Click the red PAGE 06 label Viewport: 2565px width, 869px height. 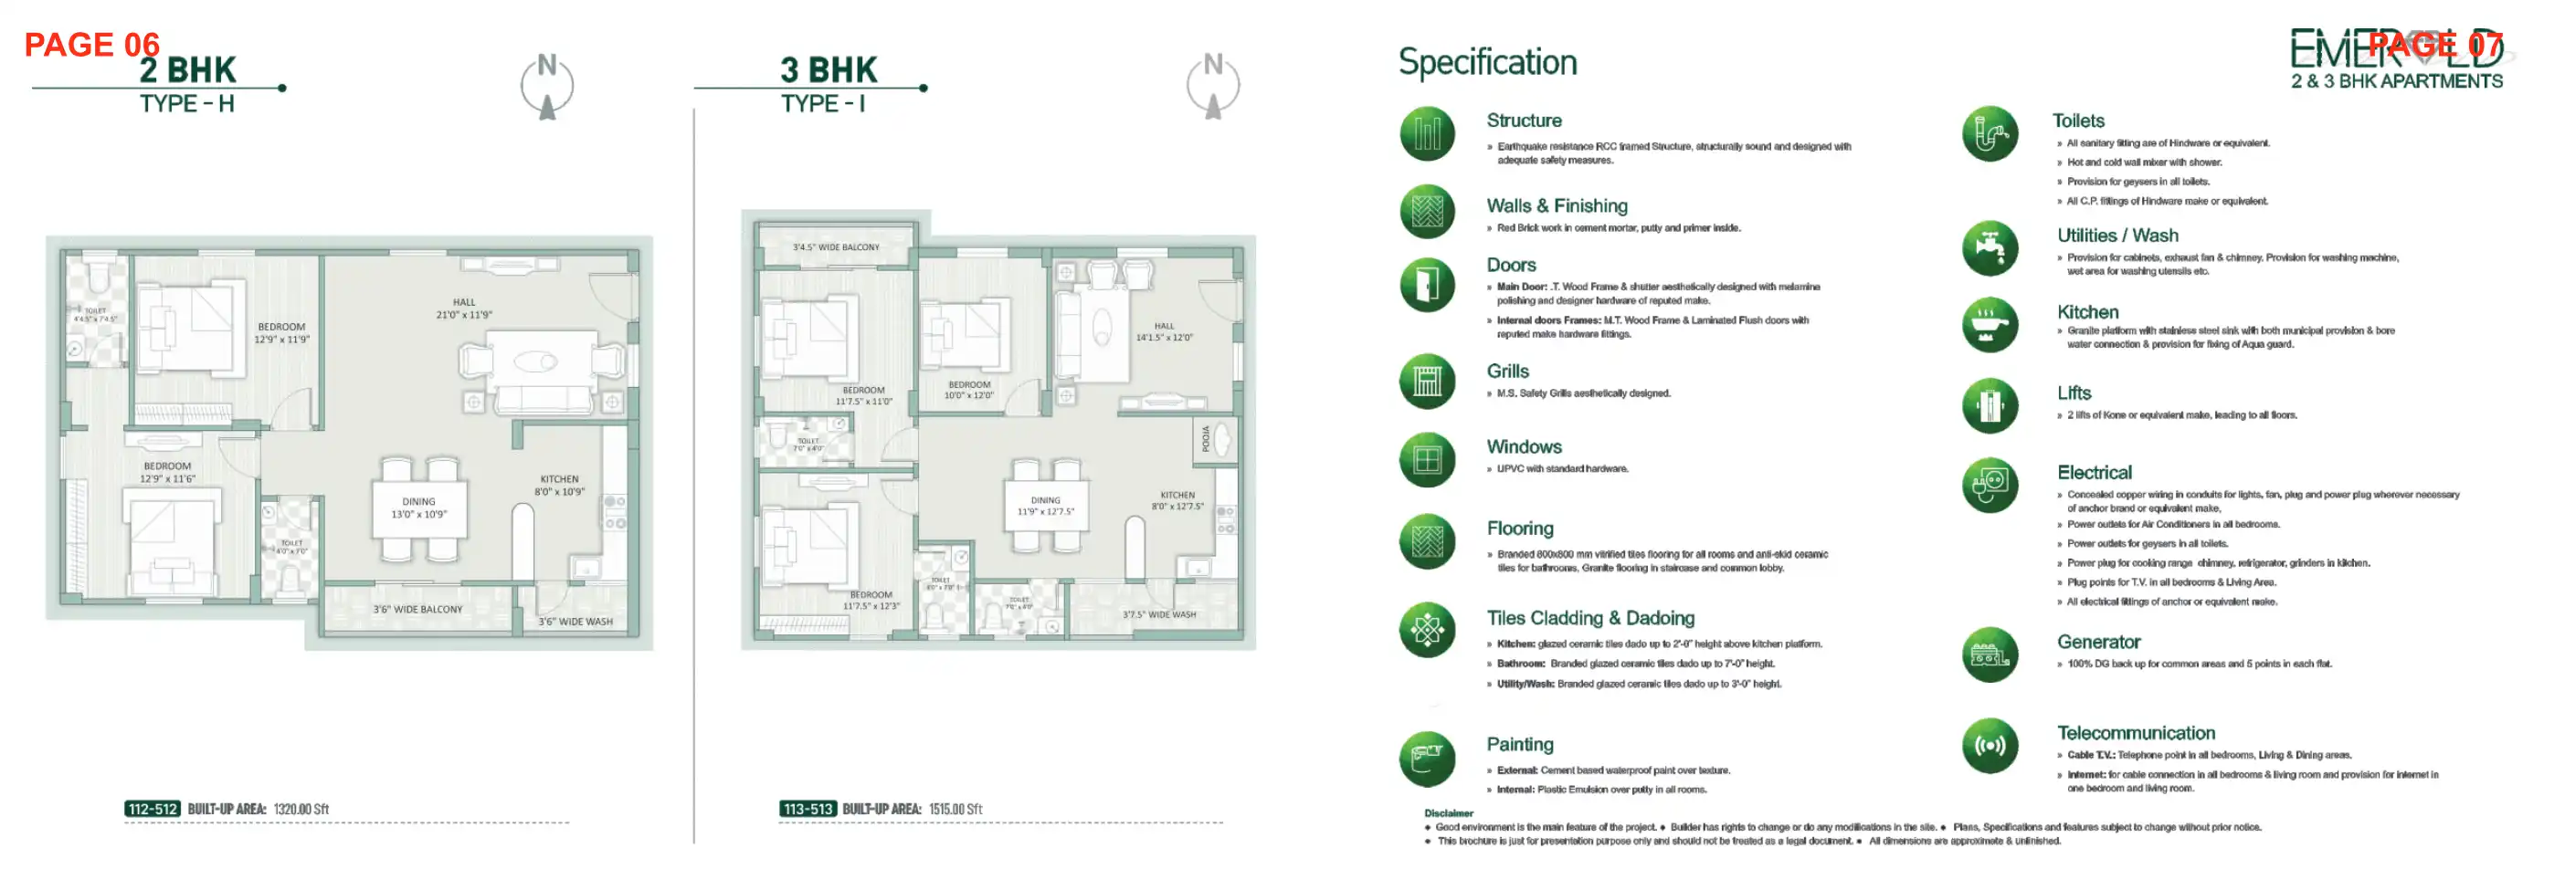91,45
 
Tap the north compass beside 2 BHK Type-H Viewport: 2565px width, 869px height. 546,87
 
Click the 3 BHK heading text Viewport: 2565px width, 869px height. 829,69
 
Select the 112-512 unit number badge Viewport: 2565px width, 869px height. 153,808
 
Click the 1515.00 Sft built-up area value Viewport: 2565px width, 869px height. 955,808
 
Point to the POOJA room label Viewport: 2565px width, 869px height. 1205,438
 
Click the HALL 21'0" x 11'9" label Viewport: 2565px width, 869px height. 464,309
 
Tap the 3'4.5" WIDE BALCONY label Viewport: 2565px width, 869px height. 836,246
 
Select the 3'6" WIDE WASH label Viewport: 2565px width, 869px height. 575,621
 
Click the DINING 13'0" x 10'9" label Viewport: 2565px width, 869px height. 418,508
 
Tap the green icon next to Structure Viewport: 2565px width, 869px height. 1427,133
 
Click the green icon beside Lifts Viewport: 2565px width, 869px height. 1990,405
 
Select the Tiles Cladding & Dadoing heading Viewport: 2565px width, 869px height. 1590,618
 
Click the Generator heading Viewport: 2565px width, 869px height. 2098,642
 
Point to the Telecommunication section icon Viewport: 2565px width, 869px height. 1990,746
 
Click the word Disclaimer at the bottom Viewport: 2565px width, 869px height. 1448,812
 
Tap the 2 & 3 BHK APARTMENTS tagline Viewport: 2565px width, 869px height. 2396,81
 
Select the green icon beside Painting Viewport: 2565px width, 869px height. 1427,759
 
